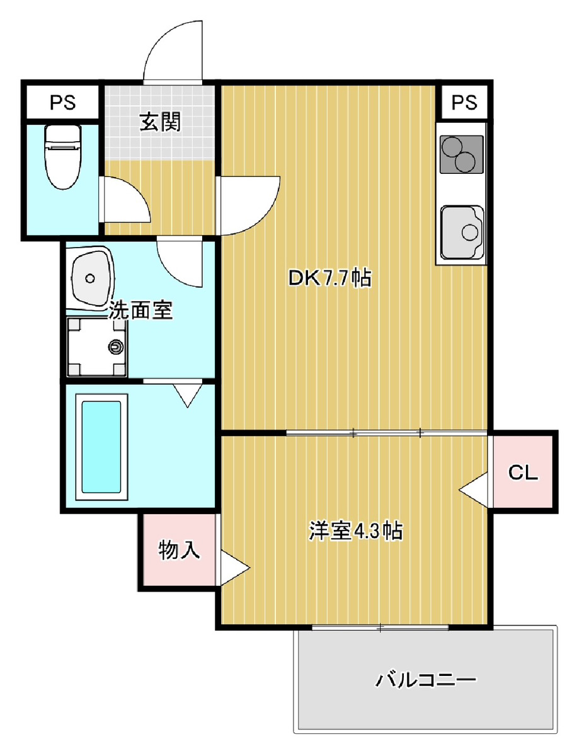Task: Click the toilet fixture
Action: (x=63, y=157)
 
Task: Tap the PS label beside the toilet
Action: (x=62, y=102)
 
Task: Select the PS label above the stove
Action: (x=464, y=102)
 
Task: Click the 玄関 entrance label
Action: (x=160, y=122)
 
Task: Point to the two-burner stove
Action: (x=462, y=154)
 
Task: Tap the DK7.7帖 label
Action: (x=330, y=278)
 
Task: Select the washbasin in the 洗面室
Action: (x=91, y=277)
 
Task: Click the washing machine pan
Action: (x=97, y=347)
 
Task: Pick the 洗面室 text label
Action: (x=140, y=311)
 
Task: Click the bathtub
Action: (x=101, y=447)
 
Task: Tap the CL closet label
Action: (x=523, y=472)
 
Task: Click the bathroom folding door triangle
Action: (x=188, y=396)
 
